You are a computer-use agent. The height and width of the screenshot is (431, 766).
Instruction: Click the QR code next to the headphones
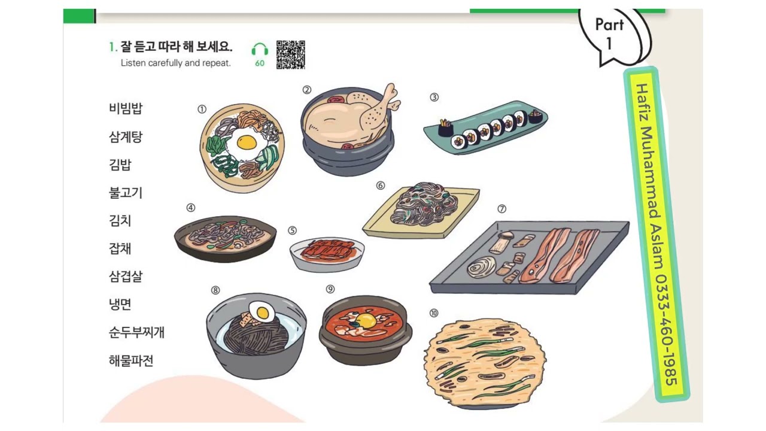(291, 54)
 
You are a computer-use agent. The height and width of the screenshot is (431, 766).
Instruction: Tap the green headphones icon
(260, 50)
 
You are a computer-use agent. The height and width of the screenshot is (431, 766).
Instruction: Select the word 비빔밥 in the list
(126, 109)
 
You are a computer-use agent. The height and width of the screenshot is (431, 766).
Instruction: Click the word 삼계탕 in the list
(126, 137)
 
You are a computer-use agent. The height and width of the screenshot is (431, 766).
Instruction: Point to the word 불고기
(126, 193)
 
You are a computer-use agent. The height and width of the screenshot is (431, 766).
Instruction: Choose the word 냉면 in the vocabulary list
(120, 305)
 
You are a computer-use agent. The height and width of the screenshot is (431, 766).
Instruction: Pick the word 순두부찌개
(136, 333)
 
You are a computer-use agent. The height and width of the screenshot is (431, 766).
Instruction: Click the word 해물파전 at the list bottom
(131, 361)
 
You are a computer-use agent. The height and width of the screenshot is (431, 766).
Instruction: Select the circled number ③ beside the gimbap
(434, 97)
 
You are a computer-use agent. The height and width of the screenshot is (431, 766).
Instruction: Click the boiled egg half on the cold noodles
(261, 311)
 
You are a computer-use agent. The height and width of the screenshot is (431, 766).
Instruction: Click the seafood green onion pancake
(485, 362)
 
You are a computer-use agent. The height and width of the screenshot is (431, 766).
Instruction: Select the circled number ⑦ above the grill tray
(501, 209)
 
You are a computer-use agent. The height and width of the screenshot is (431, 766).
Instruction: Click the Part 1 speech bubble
(610, 33)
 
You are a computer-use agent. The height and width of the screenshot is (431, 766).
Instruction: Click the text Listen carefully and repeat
(175, 63)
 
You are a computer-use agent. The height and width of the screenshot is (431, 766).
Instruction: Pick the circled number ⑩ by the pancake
(434, 312)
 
